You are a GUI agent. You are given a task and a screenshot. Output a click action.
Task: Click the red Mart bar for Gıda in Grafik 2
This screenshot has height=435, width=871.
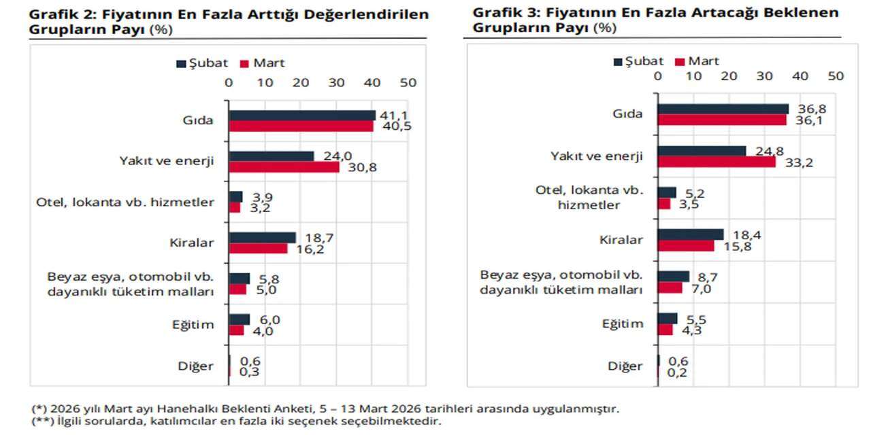pos(301,126)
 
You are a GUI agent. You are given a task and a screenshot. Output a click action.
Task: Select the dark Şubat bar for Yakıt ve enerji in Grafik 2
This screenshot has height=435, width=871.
pos(272,156)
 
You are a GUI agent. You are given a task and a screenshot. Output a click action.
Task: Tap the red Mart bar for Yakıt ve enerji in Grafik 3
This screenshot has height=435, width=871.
pos(716,162)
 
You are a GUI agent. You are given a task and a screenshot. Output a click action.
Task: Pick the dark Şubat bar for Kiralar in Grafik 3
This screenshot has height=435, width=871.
pos(690,234)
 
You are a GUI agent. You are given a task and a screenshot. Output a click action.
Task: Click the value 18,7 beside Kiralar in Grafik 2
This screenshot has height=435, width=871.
pos(314,237)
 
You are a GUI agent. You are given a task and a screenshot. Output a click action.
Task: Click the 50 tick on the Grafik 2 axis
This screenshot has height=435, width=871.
pos(408,82)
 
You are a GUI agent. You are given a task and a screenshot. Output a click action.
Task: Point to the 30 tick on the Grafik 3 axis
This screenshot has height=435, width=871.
pos(764,76)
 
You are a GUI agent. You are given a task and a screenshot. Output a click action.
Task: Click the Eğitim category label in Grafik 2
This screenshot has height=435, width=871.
pos(193,324)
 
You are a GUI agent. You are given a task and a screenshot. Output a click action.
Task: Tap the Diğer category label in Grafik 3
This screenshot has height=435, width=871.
pos(625,366)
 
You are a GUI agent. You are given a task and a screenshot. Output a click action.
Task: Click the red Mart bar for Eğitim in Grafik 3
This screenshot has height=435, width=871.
pos(665,330)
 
